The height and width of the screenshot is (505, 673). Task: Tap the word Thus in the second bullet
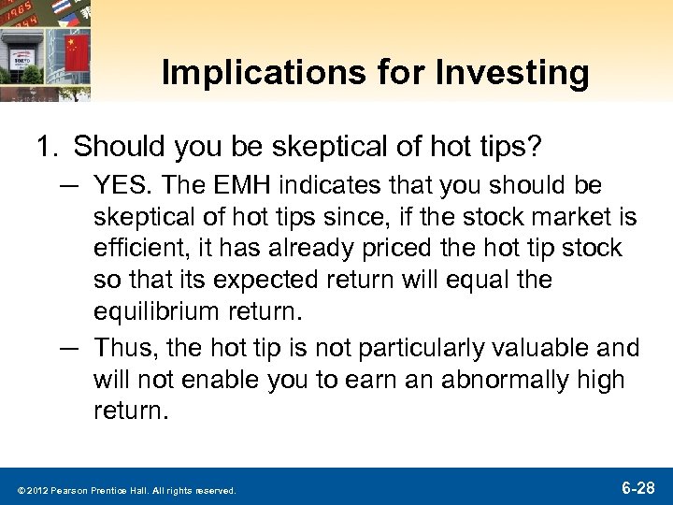point(120,349)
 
